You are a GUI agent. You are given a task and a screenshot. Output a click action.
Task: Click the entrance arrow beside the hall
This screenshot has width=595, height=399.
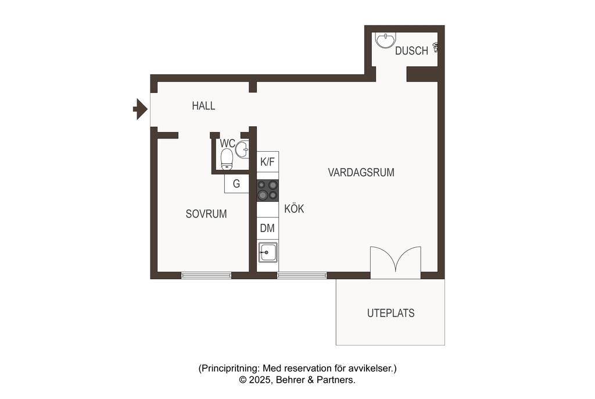[x=141, y=109]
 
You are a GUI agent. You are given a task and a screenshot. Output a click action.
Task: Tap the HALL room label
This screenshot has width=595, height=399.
[x=203, y=106]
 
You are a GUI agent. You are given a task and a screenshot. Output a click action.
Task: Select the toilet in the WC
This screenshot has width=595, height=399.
[x=227, y=159]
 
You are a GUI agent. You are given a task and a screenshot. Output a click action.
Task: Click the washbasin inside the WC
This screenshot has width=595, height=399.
[x=242, y=149]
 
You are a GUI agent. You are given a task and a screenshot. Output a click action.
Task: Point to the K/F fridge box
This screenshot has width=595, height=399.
[x=267, y=162]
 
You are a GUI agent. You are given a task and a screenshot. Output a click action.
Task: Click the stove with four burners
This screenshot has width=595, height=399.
[x=267, y=190]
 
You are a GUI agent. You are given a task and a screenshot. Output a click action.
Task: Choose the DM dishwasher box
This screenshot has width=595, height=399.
[x=267, y=228]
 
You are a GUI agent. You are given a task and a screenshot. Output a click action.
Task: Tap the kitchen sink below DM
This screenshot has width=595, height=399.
[x=268, y=252]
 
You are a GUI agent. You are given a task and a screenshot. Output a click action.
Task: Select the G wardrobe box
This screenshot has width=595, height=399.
[x=236, y=184]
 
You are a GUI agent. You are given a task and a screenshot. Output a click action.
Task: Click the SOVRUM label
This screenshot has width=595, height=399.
[x=206, y=214]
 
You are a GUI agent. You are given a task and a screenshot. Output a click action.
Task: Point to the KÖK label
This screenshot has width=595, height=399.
[x=294, y=209]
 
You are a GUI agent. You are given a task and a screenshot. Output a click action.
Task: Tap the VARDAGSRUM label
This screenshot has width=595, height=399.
[x=361, y=173]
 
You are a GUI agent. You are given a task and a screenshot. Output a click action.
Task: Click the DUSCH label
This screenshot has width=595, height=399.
[x=411, y=51]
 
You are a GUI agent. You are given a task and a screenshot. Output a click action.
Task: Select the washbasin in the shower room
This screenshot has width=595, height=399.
[x=386, y=40]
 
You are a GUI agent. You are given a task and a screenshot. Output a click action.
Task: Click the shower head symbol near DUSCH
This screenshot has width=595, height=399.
[x=436, y=47]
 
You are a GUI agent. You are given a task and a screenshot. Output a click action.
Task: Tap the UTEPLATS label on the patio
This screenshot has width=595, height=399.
[x=390, y=313]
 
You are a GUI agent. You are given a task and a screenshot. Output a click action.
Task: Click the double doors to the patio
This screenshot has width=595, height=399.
[x=395, y=260]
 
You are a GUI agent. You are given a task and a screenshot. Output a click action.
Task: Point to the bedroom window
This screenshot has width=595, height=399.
[x=206, y=276]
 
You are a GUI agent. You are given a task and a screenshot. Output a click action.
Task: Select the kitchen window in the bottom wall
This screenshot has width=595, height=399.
[x=302, y=276]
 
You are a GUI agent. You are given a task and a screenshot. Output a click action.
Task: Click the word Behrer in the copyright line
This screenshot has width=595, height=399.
[x=290, y=380]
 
